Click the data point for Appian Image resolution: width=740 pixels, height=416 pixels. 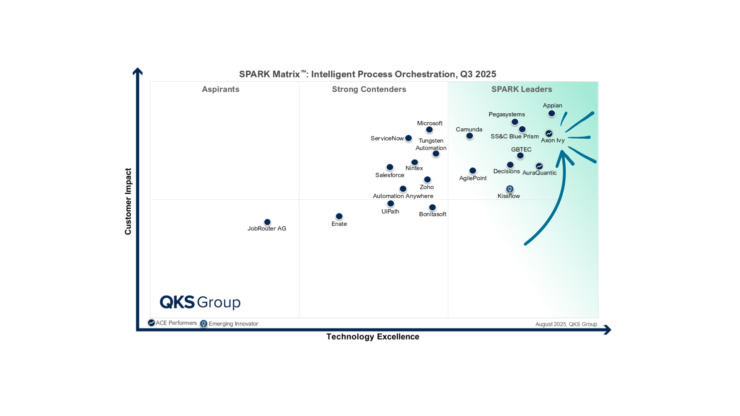(x=552, y=114)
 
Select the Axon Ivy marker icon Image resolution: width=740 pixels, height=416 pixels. (x=549, y=133)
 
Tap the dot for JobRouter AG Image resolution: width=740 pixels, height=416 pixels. (x=267, y=222)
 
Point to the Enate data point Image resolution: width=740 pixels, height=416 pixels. (x=339, y=216)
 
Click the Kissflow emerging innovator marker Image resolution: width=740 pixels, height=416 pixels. (x=510, y=189)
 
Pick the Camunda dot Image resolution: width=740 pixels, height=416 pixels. (x=469, y=136)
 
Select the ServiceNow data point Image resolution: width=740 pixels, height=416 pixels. (x=409, y=138)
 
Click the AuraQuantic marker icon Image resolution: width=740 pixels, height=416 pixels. (x=539, y=166)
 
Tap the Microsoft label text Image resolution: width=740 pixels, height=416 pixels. (x=429, y=123)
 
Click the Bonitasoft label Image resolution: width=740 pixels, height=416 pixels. (x=432, y=214)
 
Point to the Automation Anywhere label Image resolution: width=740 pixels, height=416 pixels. (x=403, y=196)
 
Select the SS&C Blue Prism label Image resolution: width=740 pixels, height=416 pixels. (x=514, y=136)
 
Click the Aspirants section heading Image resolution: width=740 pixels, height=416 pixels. (x=220, y=89)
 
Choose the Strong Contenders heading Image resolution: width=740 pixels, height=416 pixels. (x=369, y=89)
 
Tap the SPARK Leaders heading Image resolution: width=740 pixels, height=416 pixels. (x=521, y=89)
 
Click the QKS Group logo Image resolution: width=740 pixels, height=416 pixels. (x=200, y=302)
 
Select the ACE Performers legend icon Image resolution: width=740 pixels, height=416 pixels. (x=151, y=323)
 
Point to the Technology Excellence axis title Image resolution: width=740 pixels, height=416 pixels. (x=372, y=337)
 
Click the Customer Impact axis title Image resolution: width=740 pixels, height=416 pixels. (x=128, y=201)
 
